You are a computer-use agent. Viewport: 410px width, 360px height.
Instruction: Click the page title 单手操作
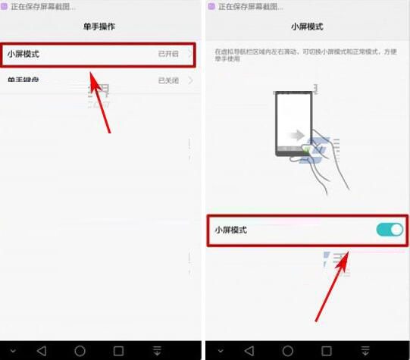click(99, 26)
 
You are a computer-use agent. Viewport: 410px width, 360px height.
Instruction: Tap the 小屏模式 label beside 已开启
click(23, 55)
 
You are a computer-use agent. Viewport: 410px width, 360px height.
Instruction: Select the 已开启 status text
click(168, 55)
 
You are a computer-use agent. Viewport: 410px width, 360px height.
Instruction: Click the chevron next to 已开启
click(189, 55)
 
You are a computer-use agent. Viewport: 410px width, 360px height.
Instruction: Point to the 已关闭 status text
click(168, 80)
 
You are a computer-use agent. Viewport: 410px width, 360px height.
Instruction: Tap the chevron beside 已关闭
click(189, 80)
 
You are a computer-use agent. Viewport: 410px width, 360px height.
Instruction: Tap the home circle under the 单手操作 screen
click(80, 351)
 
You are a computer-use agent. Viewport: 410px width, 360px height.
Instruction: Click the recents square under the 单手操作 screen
click(118, 351)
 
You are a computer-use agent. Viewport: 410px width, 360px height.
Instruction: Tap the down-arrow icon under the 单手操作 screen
click(157, 351)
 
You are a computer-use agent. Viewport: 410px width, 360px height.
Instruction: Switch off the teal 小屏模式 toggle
click(390, 230)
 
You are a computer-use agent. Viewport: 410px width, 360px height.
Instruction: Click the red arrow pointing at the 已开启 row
click(101, 102)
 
